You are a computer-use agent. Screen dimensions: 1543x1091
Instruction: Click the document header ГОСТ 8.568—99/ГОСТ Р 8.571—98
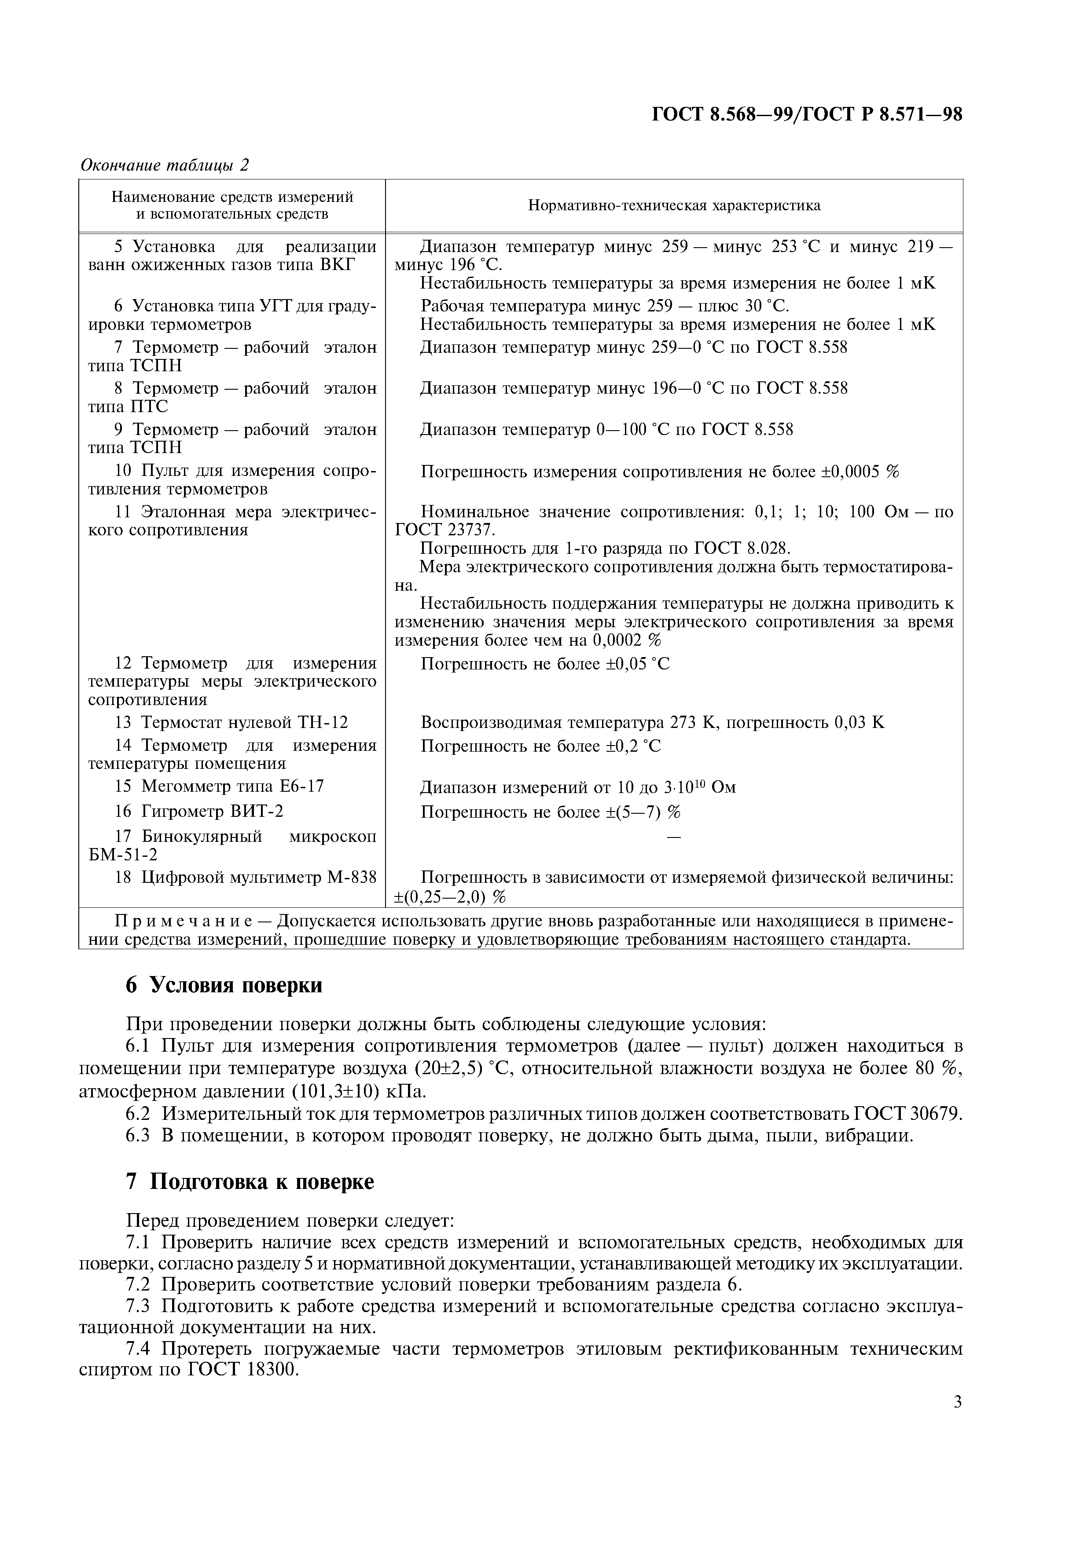tap(807, 114)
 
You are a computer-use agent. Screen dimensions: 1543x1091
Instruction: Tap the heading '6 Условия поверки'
tap(224, 985)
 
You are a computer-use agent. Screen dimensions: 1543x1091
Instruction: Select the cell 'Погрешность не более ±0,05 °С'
tap(545, 664)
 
